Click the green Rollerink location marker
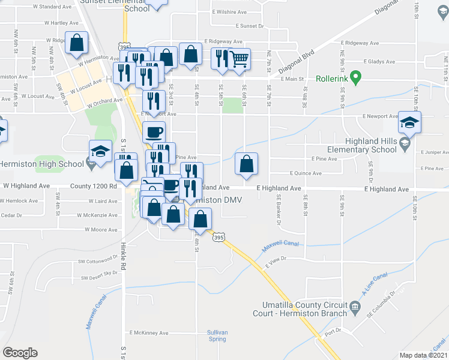click(x=355, y=77)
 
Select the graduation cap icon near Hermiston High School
click(x=100, y=151)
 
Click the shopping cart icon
click(x=240, y=59)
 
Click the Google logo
click(x=20, y=353)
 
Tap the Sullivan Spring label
click(x=217, y=335)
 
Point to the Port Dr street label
click(x=333, y=331)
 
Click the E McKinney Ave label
click(x=148, y=332)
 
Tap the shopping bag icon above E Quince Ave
click(x=246, y=163)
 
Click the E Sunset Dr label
click(x=250, y=26)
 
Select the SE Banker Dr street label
click(x=279, y=209)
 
